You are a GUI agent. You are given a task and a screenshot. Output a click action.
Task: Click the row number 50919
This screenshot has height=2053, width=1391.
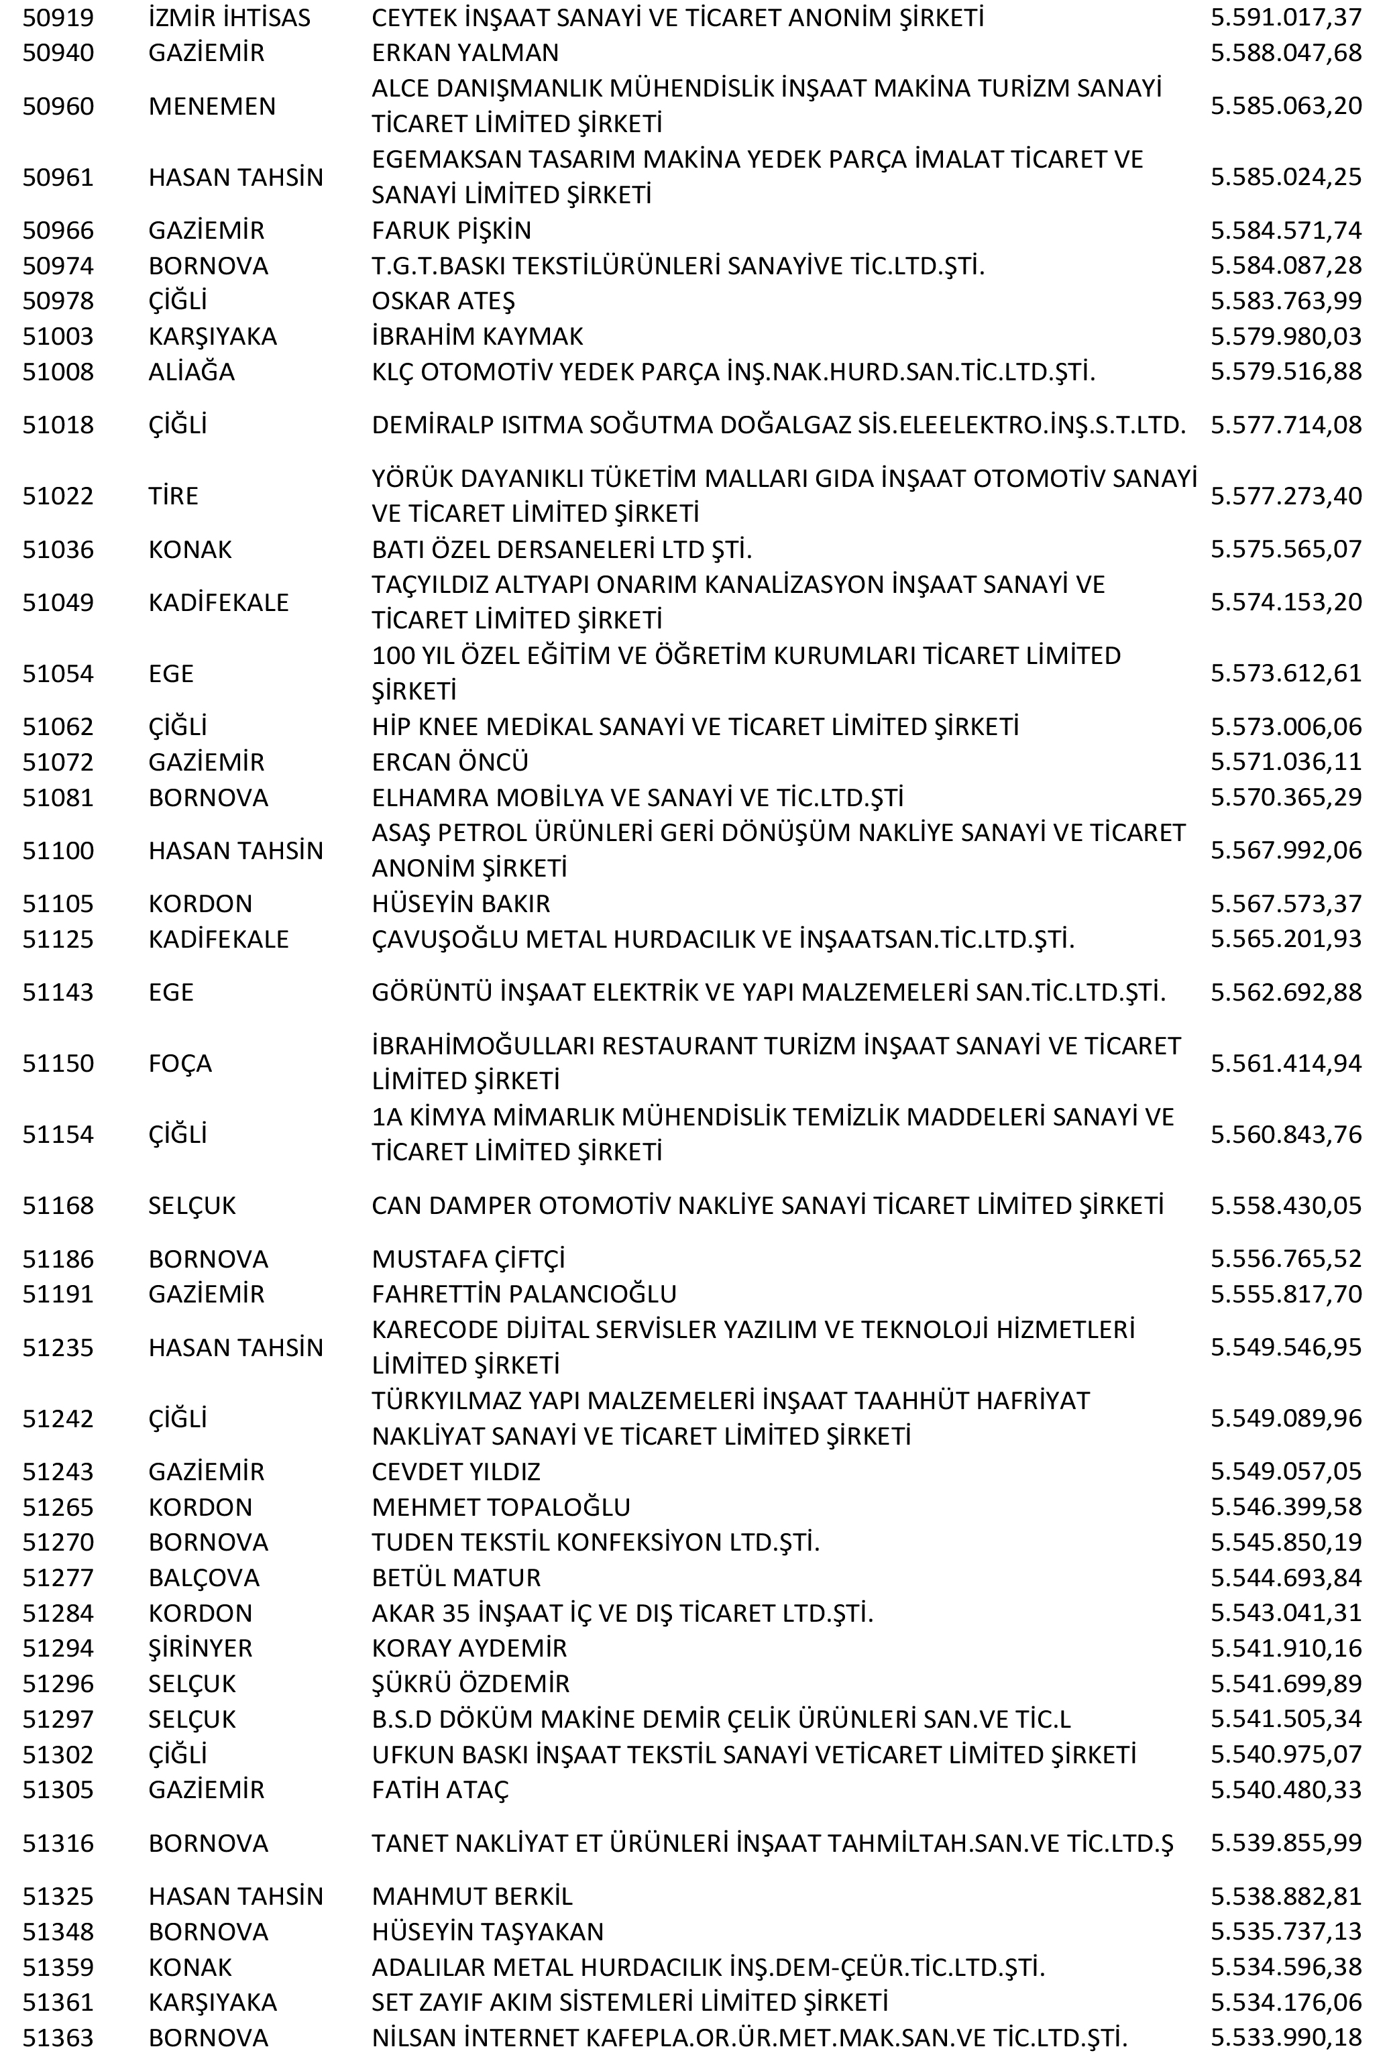point(58,17)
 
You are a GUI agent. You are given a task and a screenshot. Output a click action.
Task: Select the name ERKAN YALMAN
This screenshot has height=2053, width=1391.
point(465,53)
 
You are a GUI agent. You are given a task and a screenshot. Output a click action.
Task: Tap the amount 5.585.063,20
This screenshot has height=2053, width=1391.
point(1285,106)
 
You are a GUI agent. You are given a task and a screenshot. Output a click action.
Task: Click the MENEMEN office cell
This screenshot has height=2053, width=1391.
point(212,106)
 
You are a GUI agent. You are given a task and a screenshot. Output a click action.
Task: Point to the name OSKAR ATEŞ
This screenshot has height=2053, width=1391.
point(443,301)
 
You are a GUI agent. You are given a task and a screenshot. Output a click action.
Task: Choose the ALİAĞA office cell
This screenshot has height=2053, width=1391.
point(192,372)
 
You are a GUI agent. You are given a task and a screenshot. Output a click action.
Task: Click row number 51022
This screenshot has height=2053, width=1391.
point(58,496)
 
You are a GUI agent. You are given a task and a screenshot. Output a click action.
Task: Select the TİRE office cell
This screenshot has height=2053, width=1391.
point(173,496)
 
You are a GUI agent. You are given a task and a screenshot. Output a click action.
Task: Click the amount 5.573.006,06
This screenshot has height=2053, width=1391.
point(1285,727)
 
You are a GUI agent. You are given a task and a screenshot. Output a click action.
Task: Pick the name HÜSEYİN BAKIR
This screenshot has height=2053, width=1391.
point(460,903)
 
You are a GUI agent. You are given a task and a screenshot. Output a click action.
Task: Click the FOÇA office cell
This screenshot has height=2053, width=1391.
point(180,1064)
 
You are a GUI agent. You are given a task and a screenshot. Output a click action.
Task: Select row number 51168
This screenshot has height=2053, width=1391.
point(58,1206)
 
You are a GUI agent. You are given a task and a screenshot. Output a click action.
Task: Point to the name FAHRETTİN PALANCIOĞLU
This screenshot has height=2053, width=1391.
point(524,1294)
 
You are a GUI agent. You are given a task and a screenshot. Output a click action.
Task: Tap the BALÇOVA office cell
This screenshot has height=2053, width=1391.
point(203,1577)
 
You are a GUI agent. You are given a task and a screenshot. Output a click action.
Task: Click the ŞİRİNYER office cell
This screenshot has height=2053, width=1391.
point(201,1649)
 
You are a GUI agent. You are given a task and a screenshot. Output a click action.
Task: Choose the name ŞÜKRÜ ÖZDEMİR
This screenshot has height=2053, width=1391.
point(470,1683)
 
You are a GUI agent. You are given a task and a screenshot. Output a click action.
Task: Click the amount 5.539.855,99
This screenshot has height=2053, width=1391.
point(1285,1844)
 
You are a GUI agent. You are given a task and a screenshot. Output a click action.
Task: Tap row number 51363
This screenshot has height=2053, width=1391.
point(58,2038)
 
